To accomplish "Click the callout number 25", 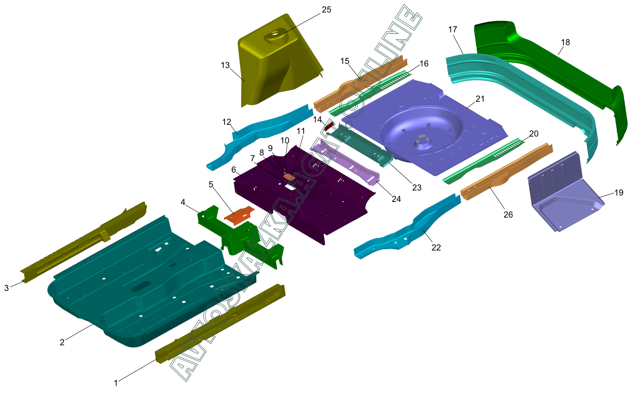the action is coord(327,10).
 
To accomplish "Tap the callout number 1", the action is coord(116,383).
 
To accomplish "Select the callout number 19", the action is coord(619,193).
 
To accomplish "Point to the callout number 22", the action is coord(436,247).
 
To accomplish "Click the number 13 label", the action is coord(225,65).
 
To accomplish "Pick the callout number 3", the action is coord(6,288).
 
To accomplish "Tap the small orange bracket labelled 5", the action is coord(239,215).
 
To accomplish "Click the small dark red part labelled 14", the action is coord(329,125).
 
